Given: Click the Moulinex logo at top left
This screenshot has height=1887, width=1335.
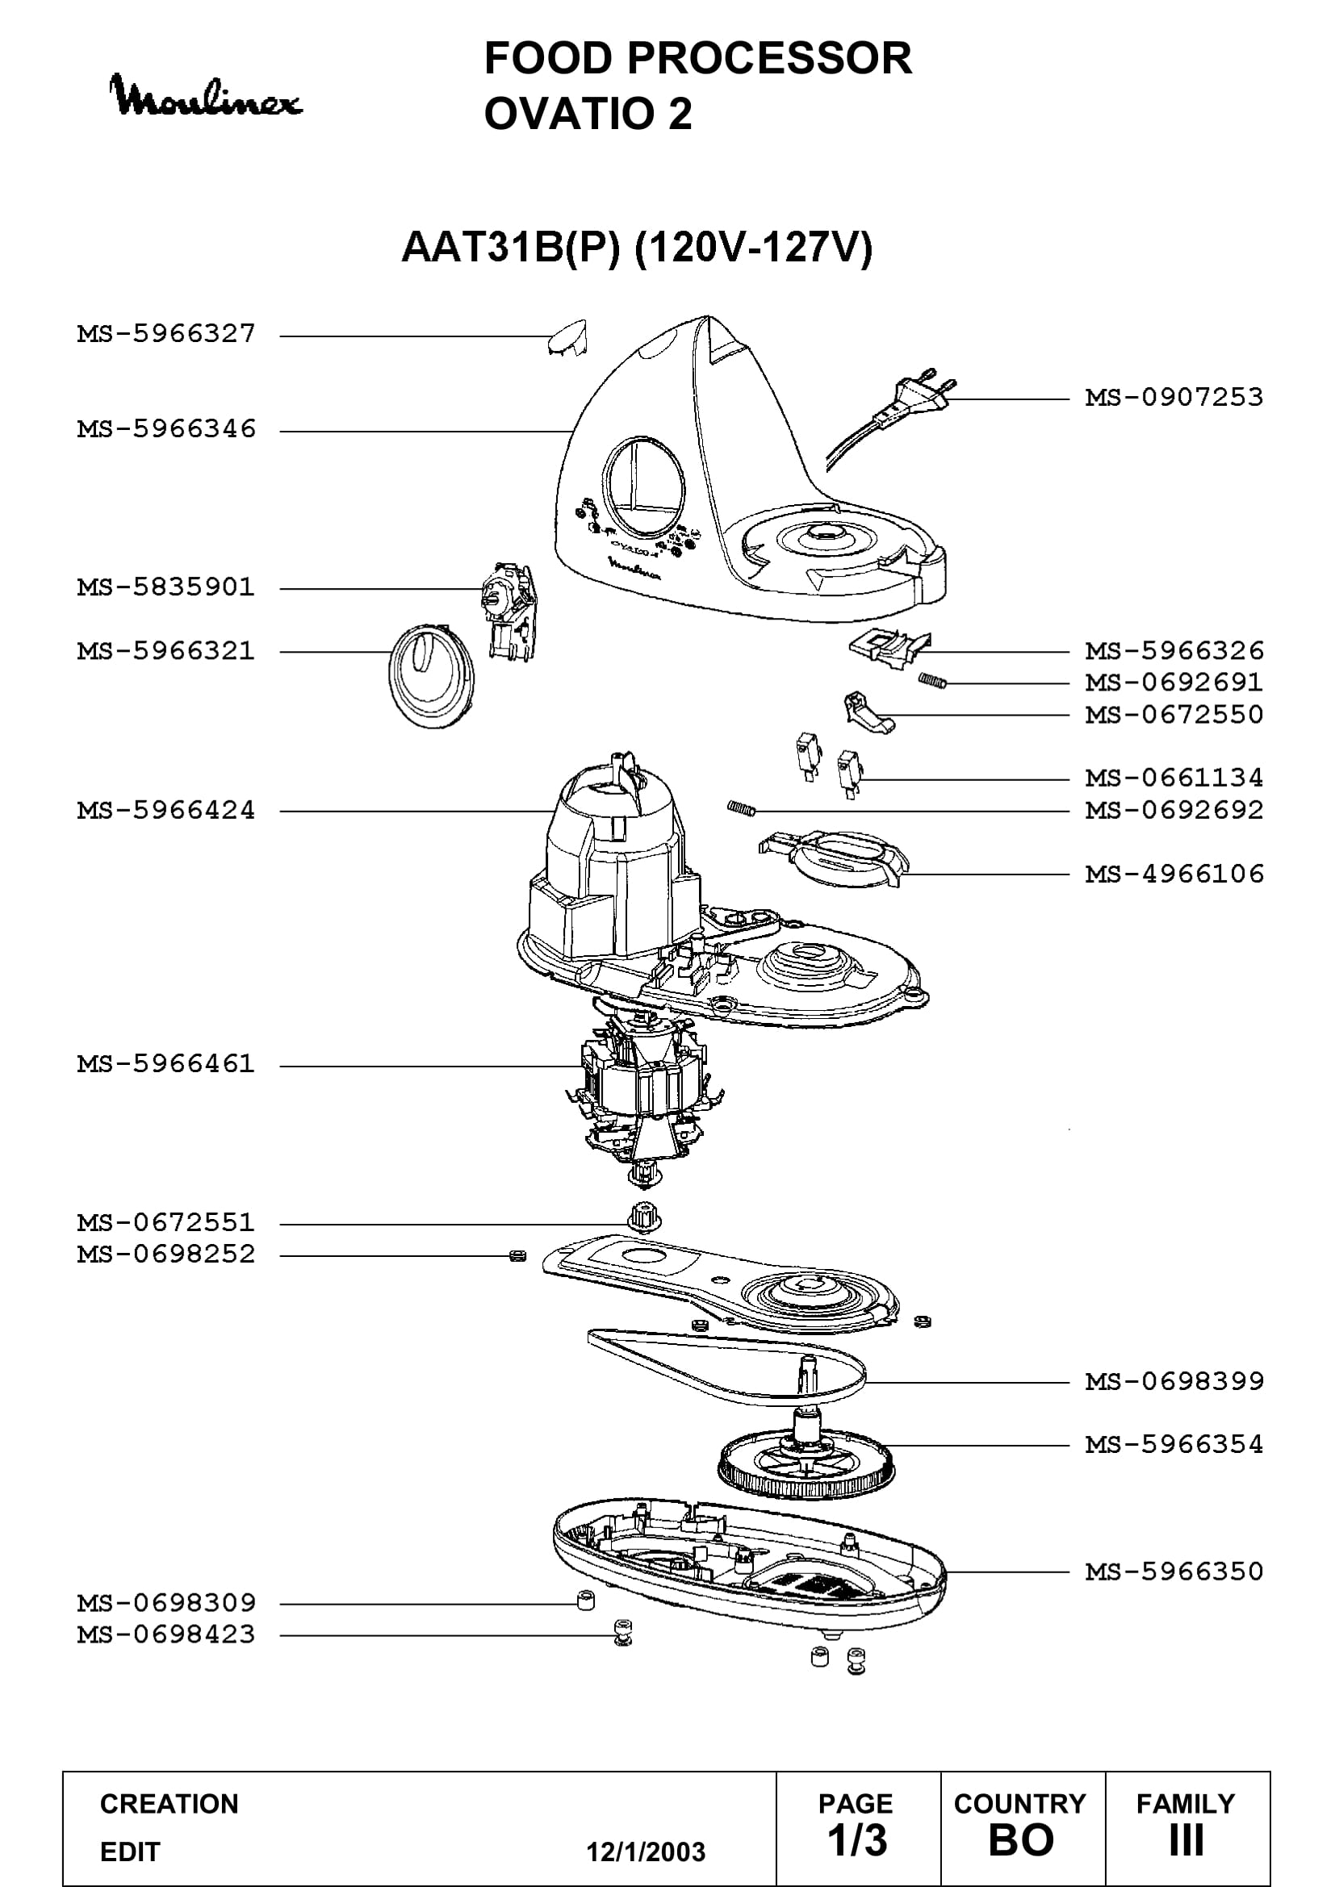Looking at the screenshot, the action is (207, 95).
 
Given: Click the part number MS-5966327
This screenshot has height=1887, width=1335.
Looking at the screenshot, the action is (167, 334).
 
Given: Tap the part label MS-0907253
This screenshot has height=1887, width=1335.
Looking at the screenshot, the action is (1174, 398).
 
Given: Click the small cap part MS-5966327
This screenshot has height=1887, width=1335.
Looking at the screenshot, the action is (567, 338).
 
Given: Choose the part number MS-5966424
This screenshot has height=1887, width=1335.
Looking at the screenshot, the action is (167, 810).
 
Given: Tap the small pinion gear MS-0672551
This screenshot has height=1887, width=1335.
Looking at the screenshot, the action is (643, 1217).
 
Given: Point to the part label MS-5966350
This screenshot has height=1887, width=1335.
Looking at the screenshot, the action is (1174, 1572).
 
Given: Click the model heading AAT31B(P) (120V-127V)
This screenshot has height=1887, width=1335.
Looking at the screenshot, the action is (637, 248).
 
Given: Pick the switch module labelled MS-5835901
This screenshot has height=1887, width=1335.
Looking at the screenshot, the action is (508, 610).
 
